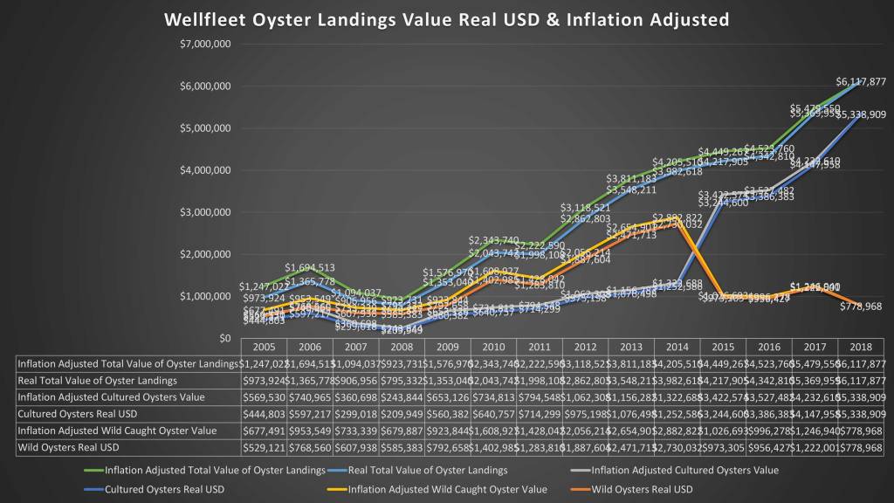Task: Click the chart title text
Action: [447, 18]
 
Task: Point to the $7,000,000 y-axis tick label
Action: [205, 45]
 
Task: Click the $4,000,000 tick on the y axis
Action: [205, 170]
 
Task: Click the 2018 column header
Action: [861, 348]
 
